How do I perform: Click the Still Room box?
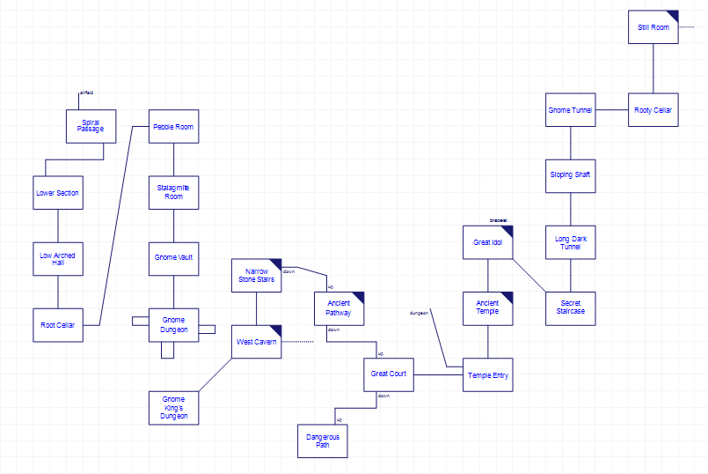tap(653, 27)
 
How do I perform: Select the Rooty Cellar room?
tap(653, 110)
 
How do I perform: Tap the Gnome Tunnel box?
tap(570, 110)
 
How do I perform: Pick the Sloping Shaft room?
tap(570, 174)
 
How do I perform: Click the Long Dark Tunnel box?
tap(570, 241)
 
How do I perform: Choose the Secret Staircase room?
tap(570, 307)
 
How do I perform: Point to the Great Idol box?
tap(487, 241)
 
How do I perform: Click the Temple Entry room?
tap(487, 375)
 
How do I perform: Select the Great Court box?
tap(389, 374)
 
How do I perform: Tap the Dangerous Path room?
tap(323, 441)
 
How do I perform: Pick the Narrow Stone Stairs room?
tap(256, 275)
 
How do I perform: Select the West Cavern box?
tap(256, 341)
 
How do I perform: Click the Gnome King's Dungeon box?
tap(173, 408)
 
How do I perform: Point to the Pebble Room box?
tap(173, 127)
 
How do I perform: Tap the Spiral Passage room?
tap(91, 126)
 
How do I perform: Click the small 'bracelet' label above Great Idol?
tap(499, 220)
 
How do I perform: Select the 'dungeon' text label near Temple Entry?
tap(420, 313)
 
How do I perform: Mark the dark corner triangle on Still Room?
tap(672, 16)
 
